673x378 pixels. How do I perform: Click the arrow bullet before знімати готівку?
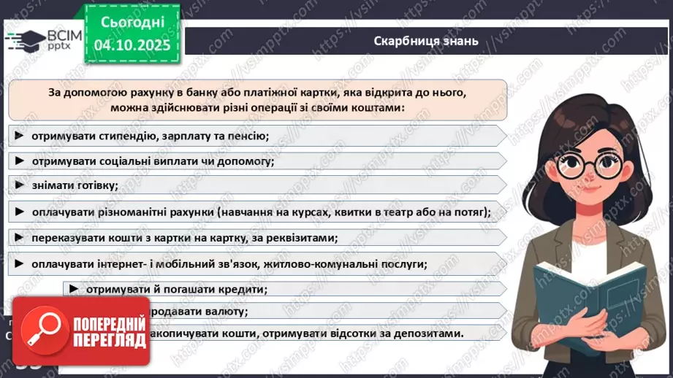tap(19, 185)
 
